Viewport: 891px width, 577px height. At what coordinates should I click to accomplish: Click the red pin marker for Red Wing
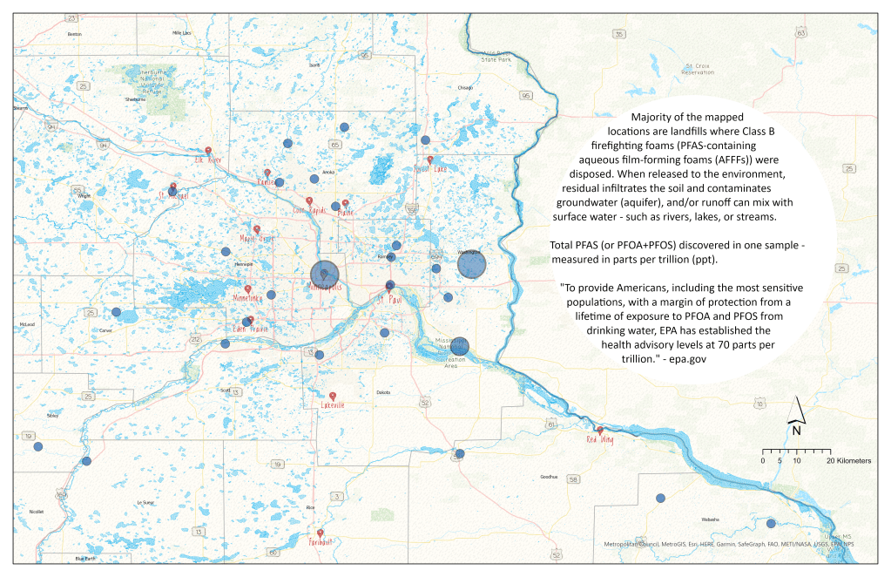[599, 430]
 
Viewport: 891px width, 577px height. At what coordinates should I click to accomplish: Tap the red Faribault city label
[321, 541]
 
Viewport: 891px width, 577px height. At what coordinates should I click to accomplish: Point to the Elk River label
[208, 160]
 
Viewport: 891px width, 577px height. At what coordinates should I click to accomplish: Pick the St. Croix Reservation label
[703, 69]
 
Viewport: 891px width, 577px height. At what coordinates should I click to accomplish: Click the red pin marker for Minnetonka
[248, 288]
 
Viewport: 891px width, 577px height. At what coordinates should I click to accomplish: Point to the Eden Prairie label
[250, 329]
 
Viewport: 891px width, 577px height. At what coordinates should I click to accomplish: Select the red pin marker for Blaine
[345, 203]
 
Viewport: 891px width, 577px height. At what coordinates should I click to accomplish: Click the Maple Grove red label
[256, 238]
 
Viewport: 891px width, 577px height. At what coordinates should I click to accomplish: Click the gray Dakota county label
[383, 393]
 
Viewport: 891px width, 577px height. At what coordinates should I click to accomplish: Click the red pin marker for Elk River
[208, 150]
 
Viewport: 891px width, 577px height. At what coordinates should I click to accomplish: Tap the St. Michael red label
[172, 196]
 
